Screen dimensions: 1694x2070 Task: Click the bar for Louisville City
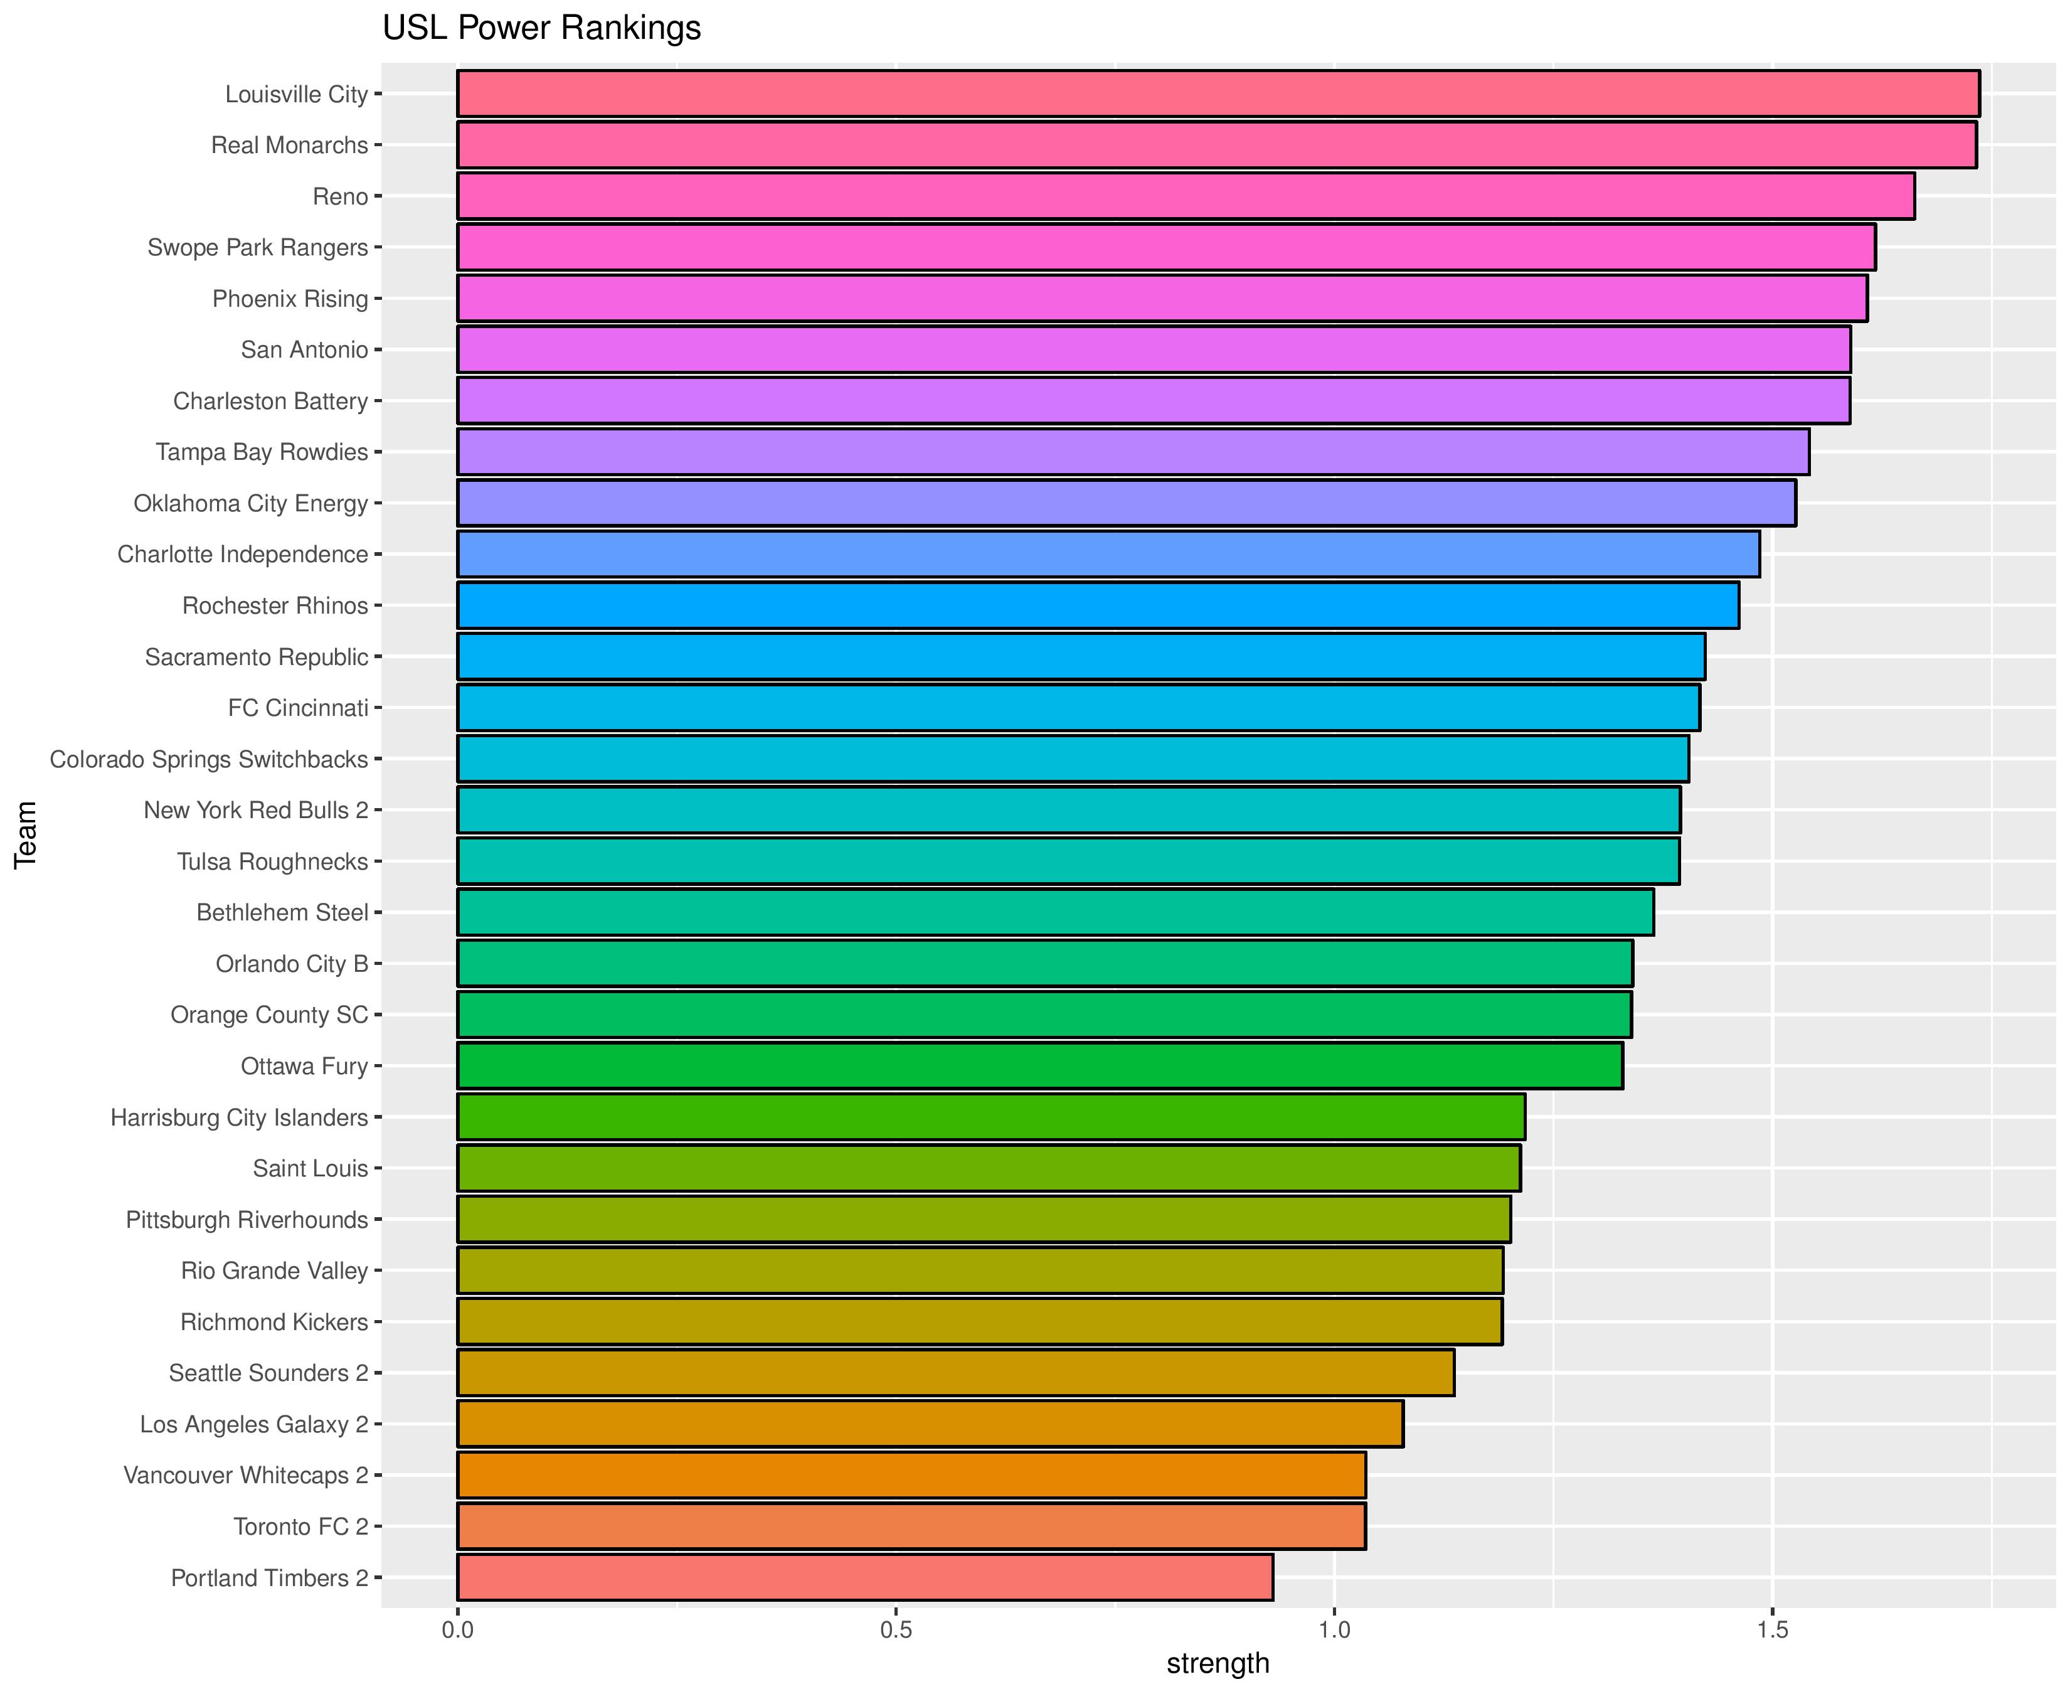point(1218,93)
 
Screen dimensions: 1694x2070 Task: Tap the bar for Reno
point(1185,196)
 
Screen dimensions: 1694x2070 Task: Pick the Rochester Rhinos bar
point(1098,605)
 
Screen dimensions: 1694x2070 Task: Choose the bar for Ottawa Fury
point(1040,1065)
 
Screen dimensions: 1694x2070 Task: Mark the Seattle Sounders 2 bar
point(955,1372)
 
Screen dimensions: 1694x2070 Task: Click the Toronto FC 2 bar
point(911,1526)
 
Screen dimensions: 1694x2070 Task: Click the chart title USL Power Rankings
point(541,28)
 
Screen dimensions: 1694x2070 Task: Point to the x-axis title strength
point(1218,1664)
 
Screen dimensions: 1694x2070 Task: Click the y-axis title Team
point(26,834)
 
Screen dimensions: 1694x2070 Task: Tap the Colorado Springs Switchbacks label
point(209,759)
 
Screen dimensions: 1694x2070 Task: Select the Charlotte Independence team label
point(242,554)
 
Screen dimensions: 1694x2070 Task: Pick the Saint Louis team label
point(310,1168)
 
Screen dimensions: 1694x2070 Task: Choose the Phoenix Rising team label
point(290,299)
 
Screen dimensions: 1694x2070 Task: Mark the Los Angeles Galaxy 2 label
point(253,1424)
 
